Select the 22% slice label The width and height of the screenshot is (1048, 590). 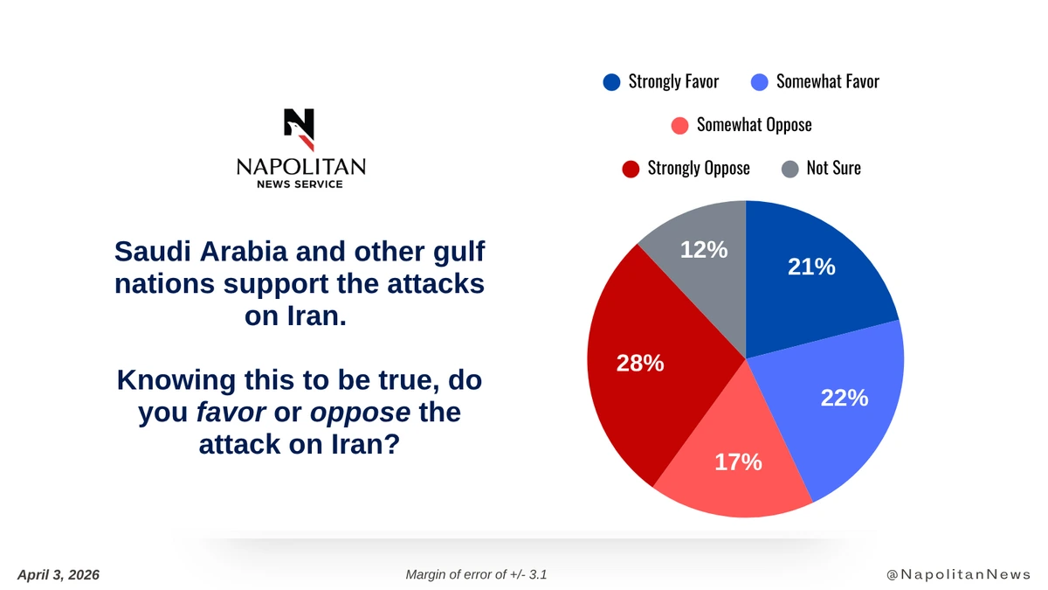[x=844, y=398]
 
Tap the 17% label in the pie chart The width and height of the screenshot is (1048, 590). [x=738, y=462]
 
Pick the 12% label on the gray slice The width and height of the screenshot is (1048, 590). [x=704, y=249]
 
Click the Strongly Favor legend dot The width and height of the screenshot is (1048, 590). [x=611, y=82]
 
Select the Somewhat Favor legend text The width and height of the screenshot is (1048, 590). [x=827, y=82]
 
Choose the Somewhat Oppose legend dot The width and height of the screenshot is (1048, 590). [x=680, y=125]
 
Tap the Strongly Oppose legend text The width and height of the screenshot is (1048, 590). [x=698, y=168]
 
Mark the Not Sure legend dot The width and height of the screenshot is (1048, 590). [x=789, y=168]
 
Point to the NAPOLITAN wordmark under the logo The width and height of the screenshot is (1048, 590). [x=300, y=167]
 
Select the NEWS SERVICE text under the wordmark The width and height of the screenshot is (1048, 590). [x=300, y=184]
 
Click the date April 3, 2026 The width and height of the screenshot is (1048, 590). [x=59, y=574]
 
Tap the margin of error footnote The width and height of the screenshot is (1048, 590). [x=477, y=574]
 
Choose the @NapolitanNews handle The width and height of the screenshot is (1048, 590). [x=958, y=574]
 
